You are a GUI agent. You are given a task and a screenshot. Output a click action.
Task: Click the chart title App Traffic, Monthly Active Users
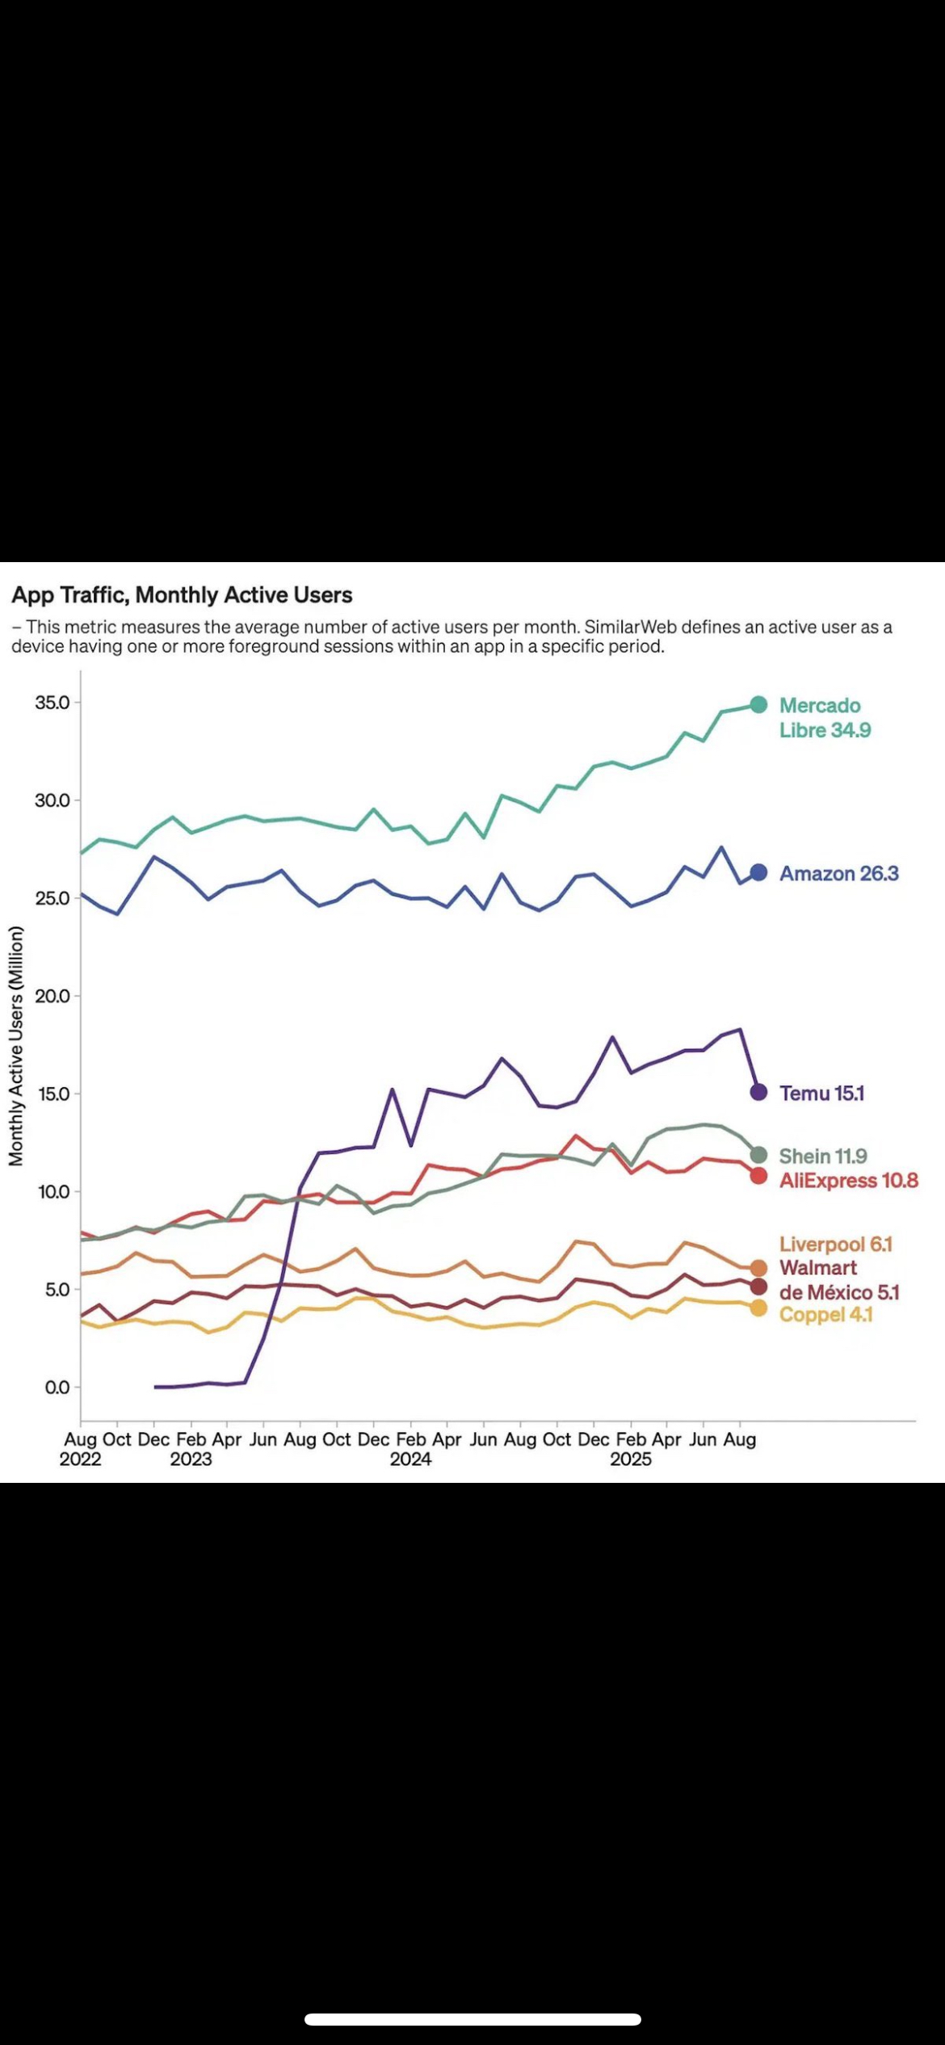coord(182,595)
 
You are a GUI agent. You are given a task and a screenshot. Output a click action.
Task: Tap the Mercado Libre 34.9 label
coord(825,718)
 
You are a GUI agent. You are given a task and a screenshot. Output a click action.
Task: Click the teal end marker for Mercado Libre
coord(758,704)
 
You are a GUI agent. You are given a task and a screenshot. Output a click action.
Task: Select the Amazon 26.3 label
coord(838,873)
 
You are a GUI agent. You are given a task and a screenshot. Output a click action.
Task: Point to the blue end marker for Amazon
coord(758,872)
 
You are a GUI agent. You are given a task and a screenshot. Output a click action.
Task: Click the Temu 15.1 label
coord(821,1093)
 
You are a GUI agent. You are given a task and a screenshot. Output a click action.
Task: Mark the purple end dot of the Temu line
coord(758,1092)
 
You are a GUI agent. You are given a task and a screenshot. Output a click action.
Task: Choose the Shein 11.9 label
coord(823,1156)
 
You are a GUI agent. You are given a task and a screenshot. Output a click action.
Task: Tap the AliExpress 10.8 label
coord(848,1180)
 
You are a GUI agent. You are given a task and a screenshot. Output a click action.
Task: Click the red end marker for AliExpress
coord(758,1176)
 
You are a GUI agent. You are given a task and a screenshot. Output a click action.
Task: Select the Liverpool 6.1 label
coord(835,1244)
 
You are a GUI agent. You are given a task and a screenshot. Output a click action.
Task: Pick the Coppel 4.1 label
coord(825,1314)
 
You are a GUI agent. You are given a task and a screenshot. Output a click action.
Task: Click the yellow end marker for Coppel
coord(758,1308)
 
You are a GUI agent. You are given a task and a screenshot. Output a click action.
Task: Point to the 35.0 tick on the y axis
coord(52,703)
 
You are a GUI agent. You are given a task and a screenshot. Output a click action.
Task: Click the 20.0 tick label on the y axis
coord(52,996)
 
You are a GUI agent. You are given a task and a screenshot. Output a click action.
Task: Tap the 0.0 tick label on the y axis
coord(57,1388)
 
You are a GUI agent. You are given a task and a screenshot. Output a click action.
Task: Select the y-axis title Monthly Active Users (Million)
coord(16,1046)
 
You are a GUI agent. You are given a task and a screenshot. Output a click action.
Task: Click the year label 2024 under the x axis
coord(410,1459)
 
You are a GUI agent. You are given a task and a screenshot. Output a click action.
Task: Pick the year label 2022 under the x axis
coord(80,1459)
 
